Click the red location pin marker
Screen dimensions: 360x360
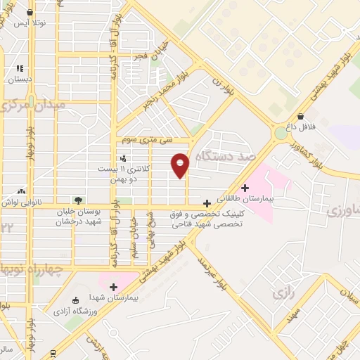tap(181, 165)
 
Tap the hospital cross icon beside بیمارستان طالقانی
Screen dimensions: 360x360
tap(245, 188)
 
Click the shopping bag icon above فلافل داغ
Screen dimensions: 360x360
tap(300, 117)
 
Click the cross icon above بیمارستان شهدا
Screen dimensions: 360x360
tap(112, 286)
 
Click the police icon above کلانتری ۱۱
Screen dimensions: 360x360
tap(124, 157)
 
